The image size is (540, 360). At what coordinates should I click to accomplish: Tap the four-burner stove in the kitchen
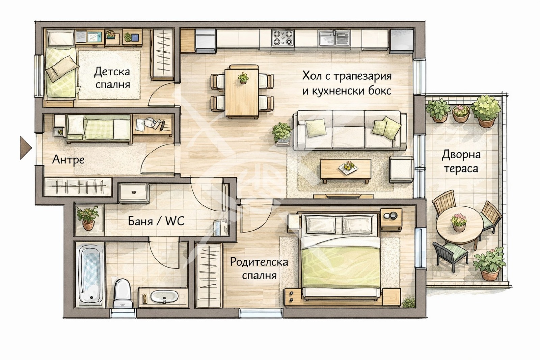(x=283, y=38)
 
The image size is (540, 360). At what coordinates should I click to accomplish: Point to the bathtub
(x=90, y=274)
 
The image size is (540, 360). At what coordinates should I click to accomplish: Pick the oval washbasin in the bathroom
(x=164, y=297)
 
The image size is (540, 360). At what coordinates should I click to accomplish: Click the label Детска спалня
(x=112, y=78)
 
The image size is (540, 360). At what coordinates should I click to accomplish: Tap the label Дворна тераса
(x=461, y=161)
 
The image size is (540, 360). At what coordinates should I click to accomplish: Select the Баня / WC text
(x=156, y=221)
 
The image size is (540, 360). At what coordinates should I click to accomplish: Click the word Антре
(x=68, y=159)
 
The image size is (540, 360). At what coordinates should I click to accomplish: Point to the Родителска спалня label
(x=259, y=268)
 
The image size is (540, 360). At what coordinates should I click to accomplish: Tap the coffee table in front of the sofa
(x=346, y=171)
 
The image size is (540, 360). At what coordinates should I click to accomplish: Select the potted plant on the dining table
(x=243, y=78)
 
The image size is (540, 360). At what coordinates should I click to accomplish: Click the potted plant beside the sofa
(x=282, y=133)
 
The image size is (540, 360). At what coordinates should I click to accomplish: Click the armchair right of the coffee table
(x=402, y=169)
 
